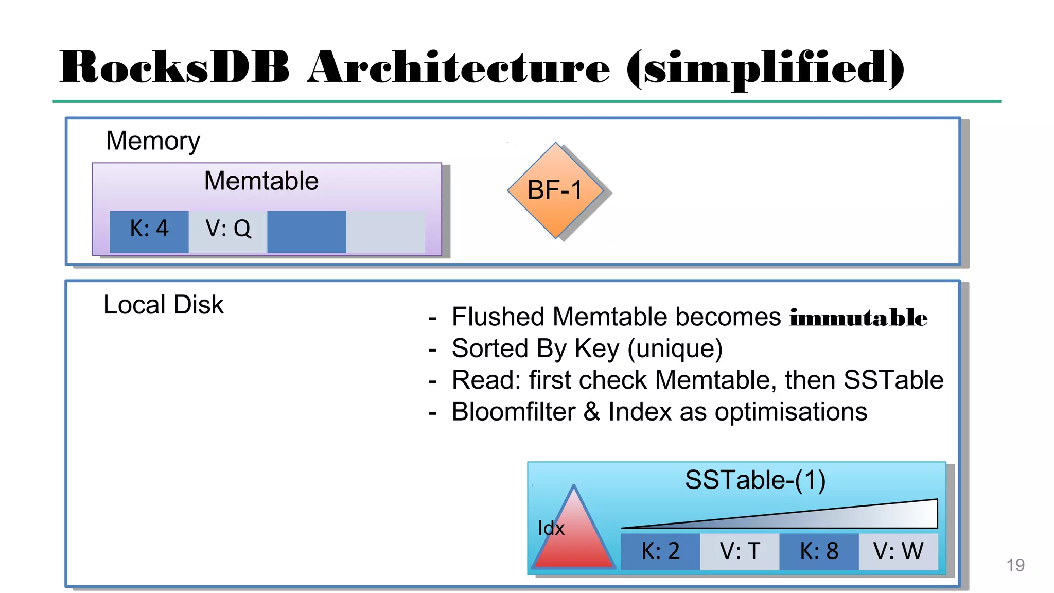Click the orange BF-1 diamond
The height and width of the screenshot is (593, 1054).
[555, 190]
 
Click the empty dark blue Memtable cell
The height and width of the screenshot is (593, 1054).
[307, 231]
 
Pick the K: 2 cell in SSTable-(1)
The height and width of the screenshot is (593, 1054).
[660, 551]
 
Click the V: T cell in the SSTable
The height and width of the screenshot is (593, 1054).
[740, 551]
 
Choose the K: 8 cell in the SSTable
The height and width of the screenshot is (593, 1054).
[819, 551]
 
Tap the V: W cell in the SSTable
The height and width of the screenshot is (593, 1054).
[898, 551]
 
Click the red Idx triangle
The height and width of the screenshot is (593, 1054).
[574, 540]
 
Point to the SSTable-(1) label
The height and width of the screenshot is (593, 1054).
[755, 480]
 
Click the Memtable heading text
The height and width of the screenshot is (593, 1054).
[261, 181]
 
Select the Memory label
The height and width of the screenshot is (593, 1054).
[153, 141]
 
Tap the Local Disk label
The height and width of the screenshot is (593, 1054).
[163, 305]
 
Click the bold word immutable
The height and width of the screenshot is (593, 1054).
[858, 318]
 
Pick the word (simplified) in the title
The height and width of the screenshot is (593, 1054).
[765, 68]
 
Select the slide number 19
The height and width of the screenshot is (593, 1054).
[1015, 565]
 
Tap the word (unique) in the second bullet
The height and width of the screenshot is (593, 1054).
[675, 349]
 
